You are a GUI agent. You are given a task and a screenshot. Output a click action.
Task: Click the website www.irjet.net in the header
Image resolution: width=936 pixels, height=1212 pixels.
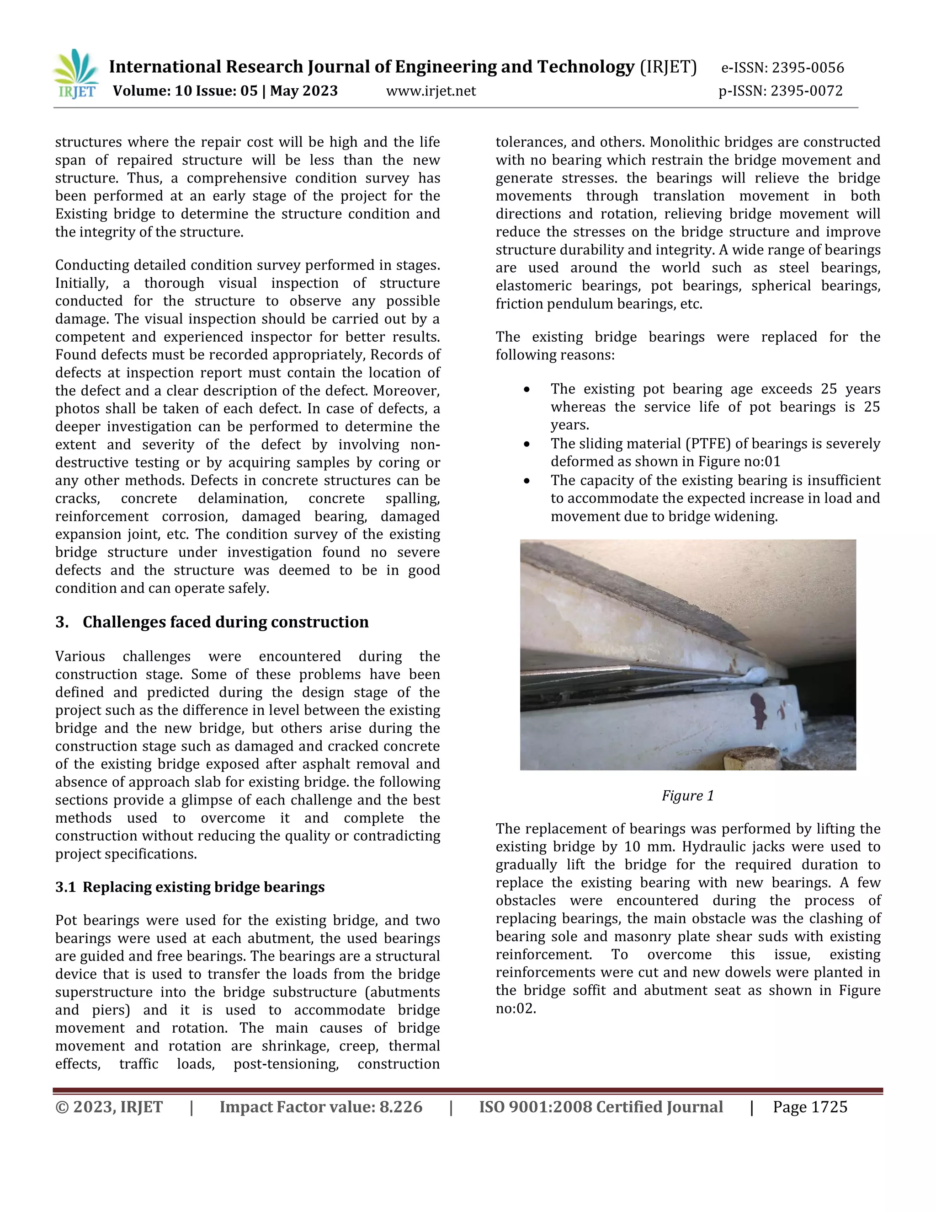pos(431,91)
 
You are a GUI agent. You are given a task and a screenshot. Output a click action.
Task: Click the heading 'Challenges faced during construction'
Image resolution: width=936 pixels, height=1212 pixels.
pos(225,622)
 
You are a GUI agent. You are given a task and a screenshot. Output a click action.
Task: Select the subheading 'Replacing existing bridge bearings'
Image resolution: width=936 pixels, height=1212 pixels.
pos(203,887)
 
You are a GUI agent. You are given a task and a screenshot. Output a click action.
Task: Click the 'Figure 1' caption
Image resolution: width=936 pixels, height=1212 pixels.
pos(687,796)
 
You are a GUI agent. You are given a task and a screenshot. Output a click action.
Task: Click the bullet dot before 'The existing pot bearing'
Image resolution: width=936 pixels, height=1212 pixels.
pos(526,390)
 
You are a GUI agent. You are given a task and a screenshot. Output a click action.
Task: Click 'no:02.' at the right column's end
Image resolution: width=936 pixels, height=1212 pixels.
pos(516,1009)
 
